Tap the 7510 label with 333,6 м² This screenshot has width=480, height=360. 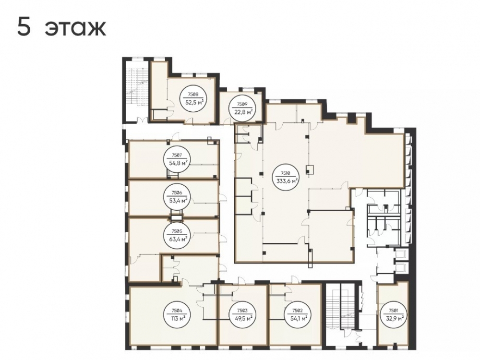point(286,177)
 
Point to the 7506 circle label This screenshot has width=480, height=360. point(177,197)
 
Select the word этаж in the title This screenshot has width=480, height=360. point(75,29)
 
